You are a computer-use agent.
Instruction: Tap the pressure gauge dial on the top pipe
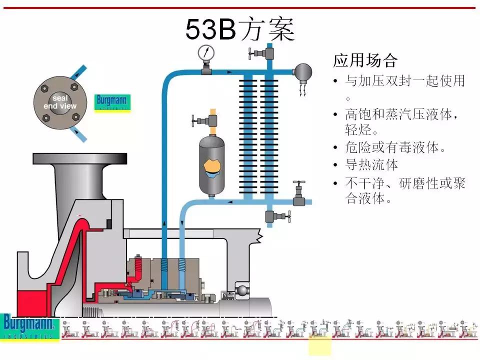[205, 52]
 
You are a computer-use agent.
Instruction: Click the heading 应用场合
[365, 61]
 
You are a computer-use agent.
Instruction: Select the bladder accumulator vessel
[214, 165]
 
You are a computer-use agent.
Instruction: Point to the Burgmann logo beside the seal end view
[112, 102]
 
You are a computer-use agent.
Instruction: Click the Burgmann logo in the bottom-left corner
[29, 326]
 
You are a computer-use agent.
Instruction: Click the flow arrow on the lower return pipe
[230, 202]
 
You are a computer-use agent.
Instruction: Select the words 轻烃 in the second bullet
[358, 130]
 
